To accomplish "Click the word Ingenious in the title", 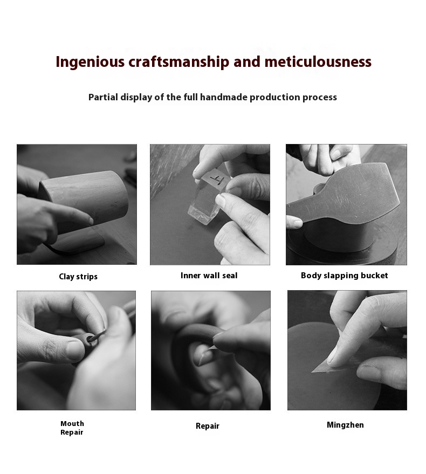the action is (x=90, y=62).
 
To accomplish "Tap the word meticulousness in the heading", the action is (x=318, y=61).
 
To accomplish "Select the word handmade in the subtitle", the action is (x=224, y=97).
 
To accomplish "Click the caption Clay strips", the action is (x=78, y=277).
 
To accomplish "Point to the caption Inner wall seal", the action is (x=209, y=276).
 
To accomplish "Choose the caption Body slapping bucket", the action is (x=345, y=276).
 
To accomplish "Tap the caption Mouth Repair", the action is (x=72, y=428).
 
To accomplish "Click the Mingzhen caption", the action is (x=345, y=425).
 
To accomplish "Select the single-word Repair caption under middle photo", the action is (x=208, y=426).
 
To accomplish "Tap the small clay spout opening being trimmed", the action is (x=91, y=339).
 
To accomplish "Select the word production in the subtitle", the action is (x=274, y=98).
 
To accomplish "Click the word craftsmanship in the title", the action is (x=179, y=62).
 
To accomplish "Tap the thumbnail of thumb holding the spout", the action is (x=74, y=351).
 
